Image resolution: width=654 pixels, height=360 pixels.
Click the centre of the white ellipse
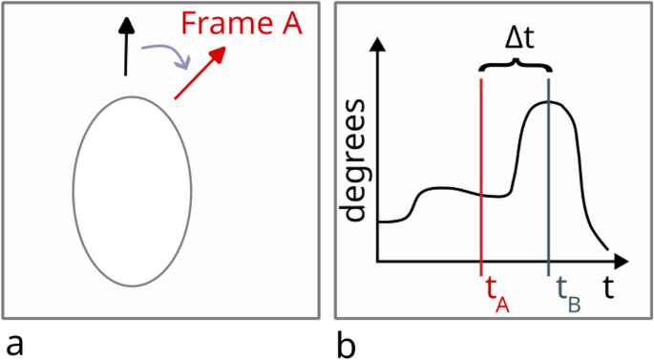120,190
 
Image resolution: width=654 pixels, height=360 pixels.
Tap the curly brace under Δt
516,67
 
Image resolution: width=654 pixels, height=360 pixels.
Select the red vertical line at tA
482,172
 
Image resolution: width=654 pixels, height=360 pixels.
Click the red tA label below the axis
496,291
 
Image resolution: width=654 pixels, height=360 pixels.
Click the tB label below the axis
567,291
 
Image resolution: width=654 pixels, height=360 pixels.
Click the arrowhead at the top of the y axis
379,45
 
